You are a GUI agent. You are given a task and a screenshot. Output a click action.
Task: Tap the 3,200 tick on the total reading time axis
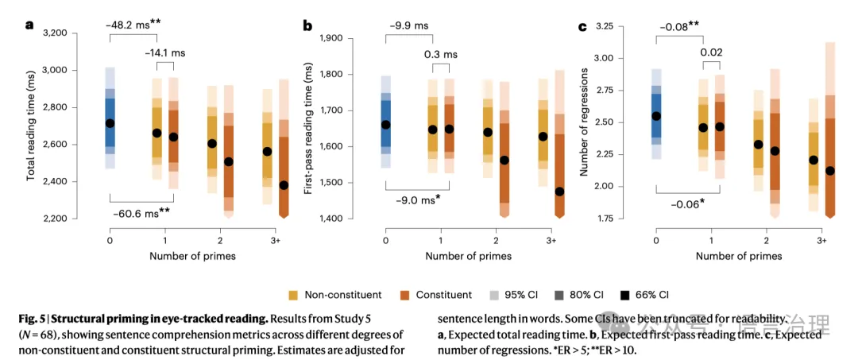tap(66, 33)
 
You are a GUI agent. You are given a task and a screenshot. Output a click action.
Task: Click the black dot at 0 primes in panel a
tap(110, 123)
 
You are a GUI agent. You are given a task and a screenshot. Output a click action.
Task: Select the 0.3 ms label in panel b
tap(440, 54)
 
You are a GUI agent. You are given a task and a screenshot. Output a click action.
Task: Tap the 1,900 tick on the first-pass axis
tap(342, 38)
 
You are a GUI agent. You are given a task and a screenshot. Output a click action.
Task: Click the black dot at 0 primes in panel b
tap(386, 125)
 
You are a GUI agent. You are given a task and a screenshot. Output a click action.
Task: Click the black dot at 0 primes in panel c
tap(656, 116)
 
